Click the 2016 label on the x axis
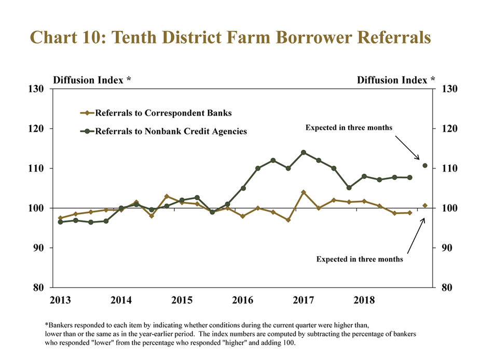point(242,300)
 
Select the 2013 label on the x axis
point(60,300)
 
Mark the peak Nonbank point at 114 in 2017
point(304,153)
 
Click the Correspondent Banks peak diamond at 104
point(304,192)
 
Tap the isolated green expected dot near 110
point(425,165)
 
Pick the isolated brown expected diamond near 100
point(425,205)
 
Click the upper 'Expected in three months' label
point(349,127)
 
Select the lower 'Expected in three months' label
point(360,259)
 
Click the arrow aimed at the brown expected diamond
point(415,236)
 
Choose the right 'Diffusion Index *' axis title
point(396,80)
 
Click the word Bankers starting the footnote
point(63,324)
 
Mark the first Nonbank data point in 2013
point(60,222)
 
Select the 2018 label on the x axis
point(364,300)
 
